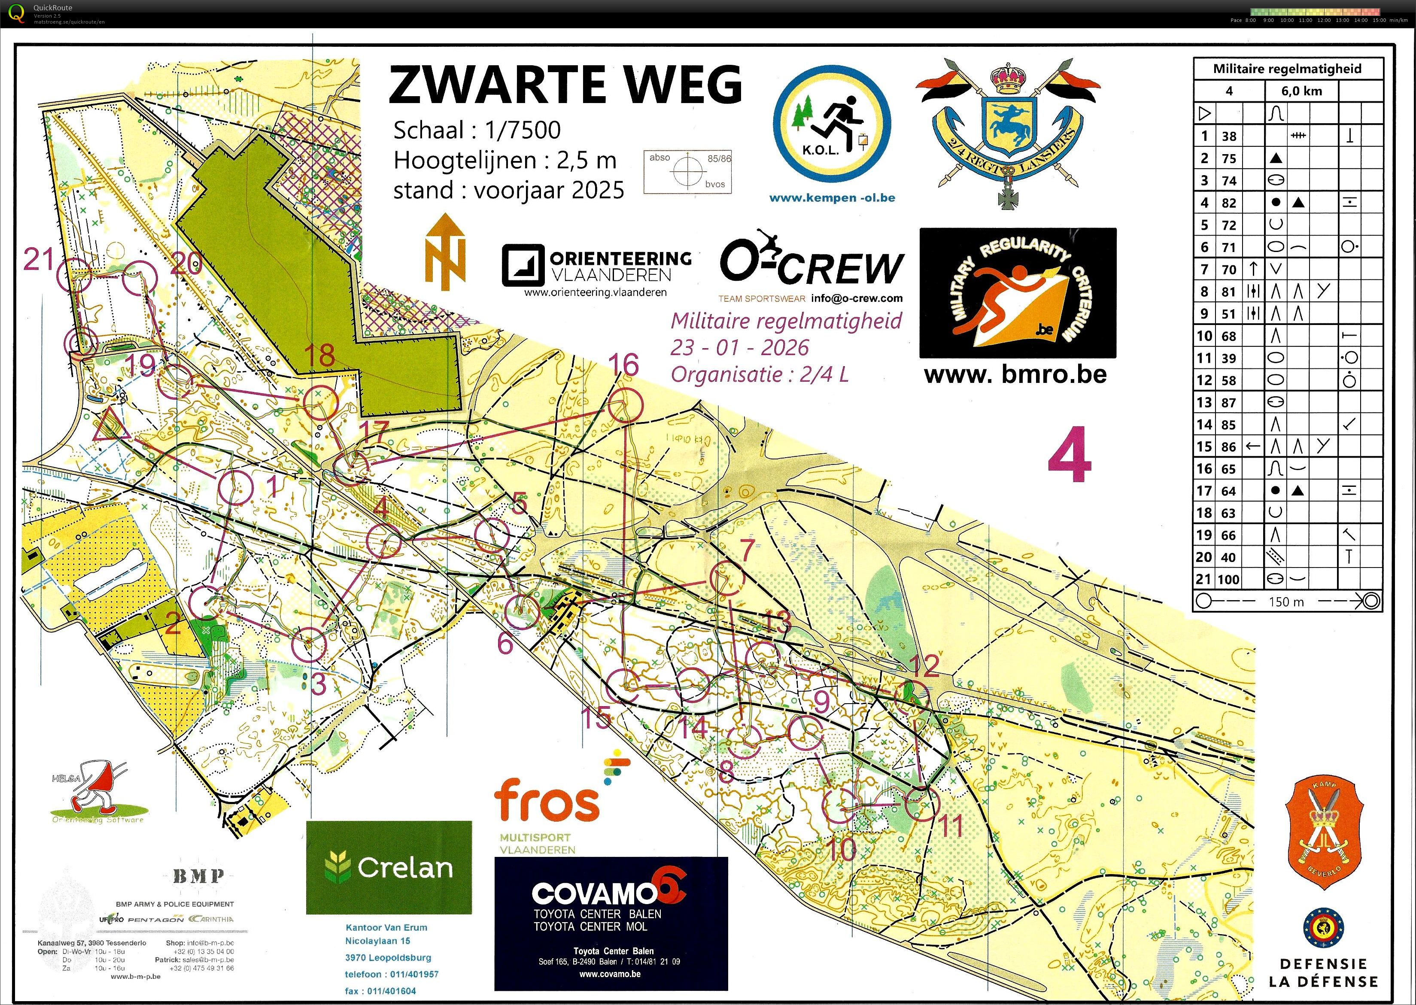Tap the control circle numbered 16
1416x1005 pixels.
coord(626,406)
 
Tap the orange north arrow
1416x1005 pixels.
coord(445,252)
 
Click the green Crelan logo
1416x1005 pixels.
coord(388,868)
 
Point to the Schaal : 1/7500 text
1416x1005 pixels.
coord(477,131)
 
